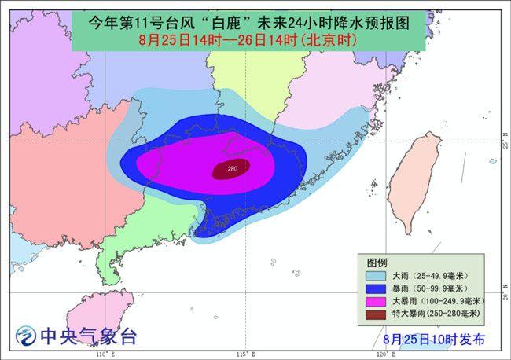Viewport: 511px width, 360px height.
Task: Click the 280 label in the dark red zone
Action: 232,168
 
